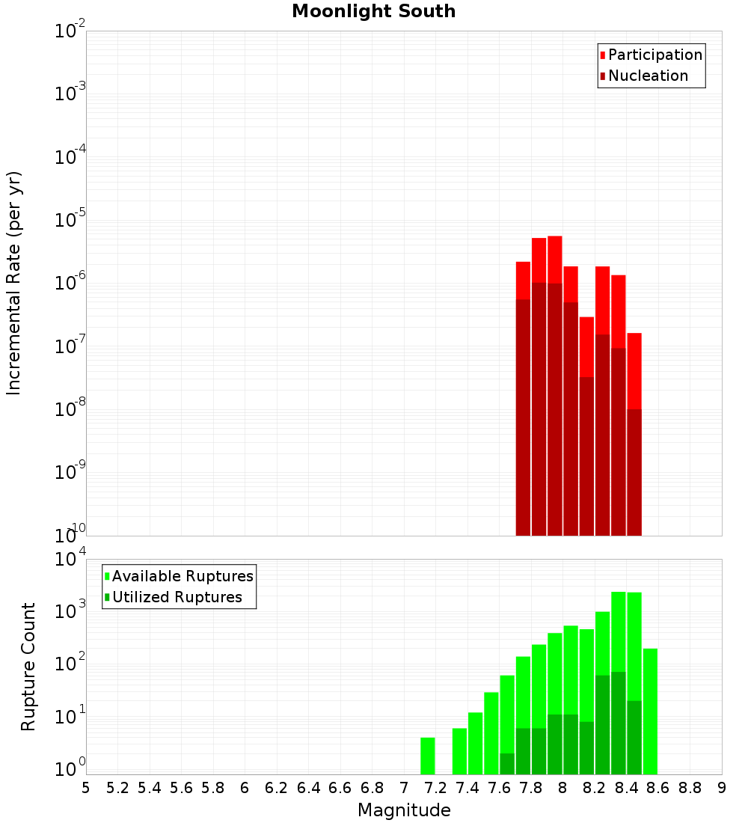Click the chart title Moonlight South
tap(373, 11)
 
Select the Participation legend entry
tap(654, 55)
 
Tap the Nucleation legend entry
tap(648, 76)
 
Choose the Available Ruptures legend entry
tap(182, 576)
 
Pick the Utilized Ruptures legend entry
tap(177, 597)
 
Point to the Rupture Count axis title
tap(28, 667)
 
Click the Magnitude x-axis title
tap(404, 810)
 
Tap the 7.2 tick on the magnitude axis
tap(435, 788)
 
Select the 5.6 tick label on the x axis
tap(181, 788)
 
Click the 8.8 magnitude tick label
tap(690, 788)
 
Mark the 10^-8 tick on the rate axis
tap(70, 409)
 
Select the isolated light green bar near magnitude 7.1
tap(427, 756)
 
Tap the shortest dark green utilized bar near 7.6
tap(507, 763)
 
